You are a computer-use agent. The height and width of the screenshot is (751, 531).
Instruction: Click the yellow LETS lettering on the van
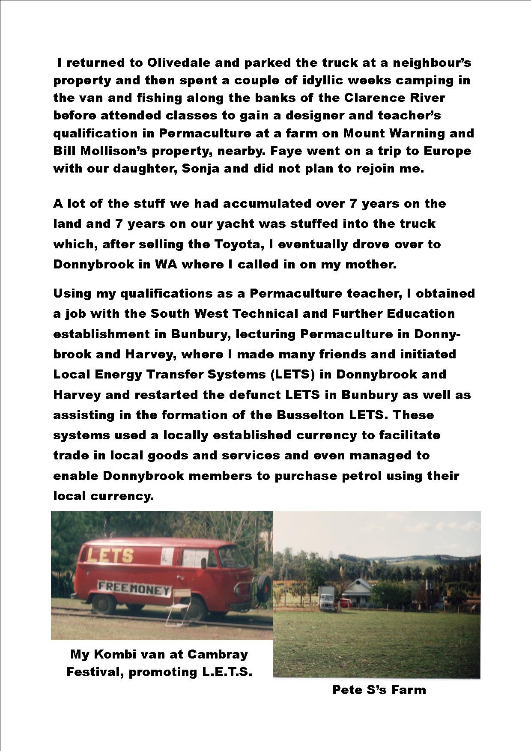point(110,555)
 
